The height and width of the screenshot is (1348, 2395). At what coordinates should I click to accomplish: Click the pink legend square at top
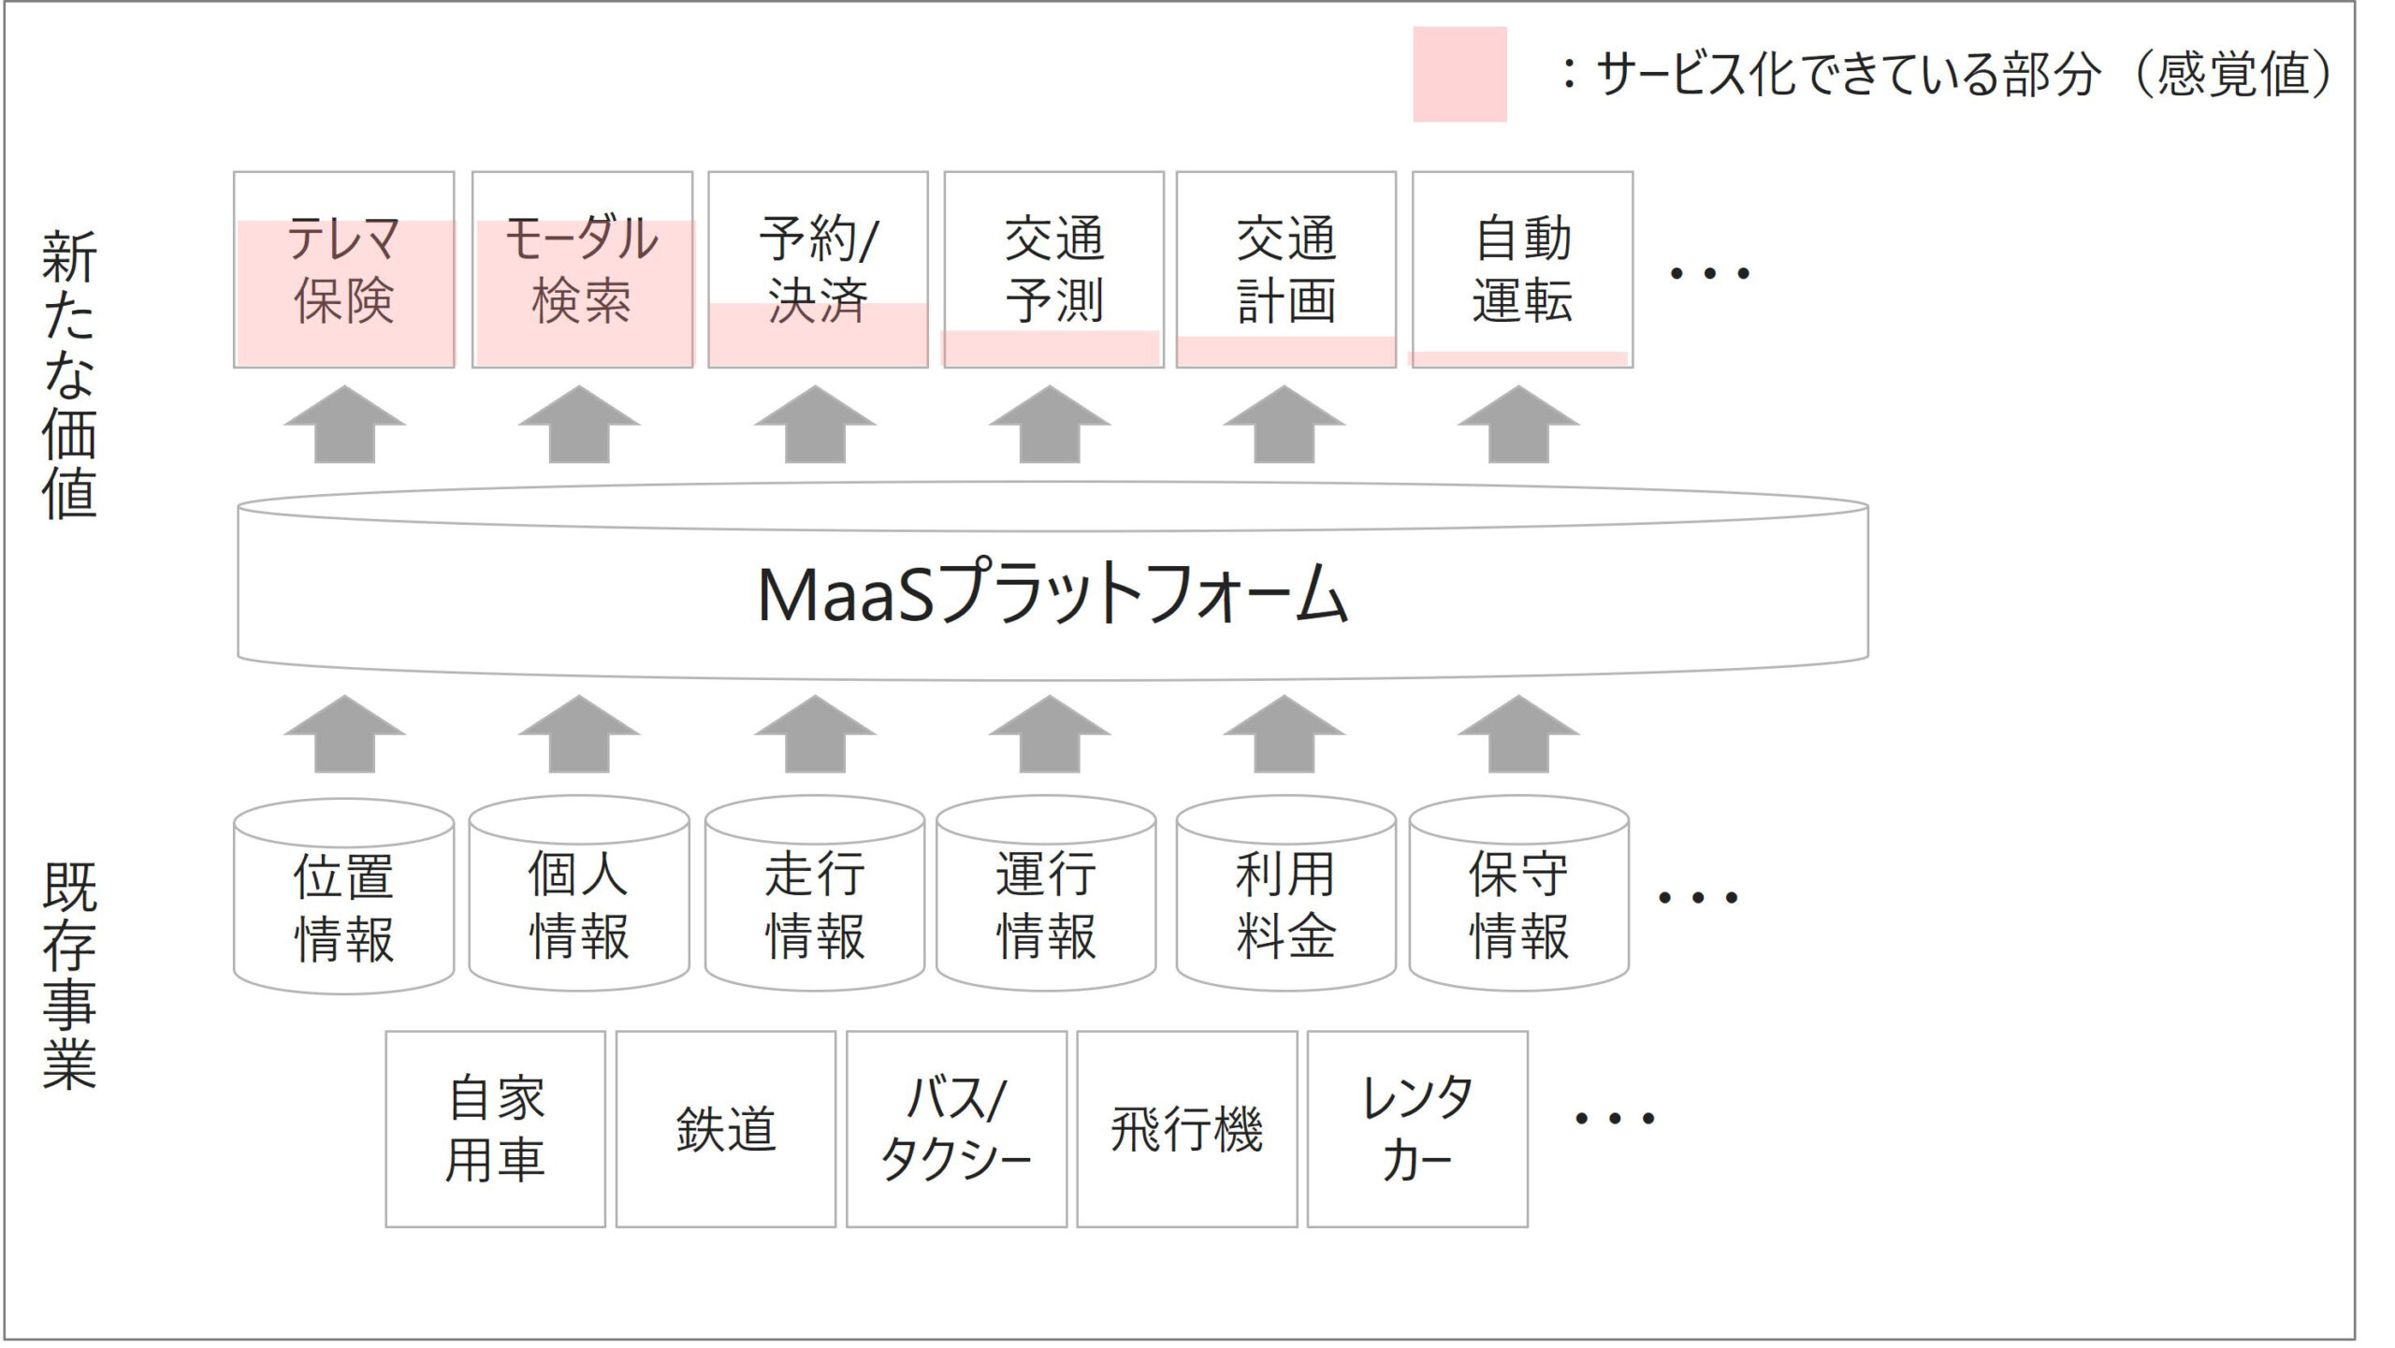pyautogui.click(x=1459, y=74)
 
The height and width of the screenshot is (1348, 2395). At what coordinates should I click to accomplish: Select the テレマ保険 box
pyautogui.click(x=343, y=269)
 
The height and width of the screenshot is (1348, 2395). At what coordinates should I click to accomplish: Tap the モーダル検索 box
pyautogui.click(x=582, y=269)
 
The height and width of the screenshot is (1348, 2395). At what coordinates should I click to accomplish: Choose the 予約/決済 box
pyautogui.click(x=818, y=269)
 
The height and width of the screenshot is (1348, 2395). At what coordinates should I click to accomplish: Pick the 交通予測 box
pyautogui.click(x=1053, y=269)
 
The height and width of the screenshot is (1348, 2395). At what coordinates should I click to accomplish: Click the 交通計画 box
pyautogui.click(x=1285, y=269)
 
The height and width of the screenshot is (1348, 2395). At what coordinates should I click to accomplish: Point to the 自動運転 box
pyautogui.click(x=1522, y=269)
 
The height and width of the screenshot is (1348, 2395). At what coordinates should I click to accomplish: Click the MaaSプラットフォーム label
pyautogui.click(x=1052, y=593)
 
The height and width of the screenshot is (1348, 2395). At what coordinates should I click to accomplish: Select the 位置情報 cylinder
pyautogui.click(x=343, y=906)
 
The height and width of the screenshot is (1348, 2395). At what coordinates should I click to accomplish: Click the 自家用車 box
pyautogui.click(x=495, y=1128)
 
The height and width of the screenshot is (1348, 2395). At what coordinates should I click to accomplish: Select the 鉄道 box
pyautogui.click(x=725, y=1128)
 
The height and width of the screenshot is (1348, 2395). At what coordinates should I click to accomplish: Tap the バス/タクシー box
pyautogui.click(x=956, y=1128)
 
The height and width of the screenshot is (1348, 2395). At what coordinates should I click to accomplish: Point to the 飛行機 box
pyautogui.click(x=1186, y=1128)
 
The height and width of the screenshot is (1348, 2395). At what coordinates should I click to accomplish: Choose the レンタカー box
pyautogui.click(x=1417, y=1128)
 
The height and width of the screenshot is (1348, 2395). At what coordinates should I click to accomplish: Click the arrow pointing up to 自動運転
pyautogui.click(x=1518, y=426)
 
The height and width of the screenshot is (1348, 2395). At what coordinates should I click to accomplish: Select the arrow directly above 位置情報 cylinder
pyautogui.click(x=344, y=735)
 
